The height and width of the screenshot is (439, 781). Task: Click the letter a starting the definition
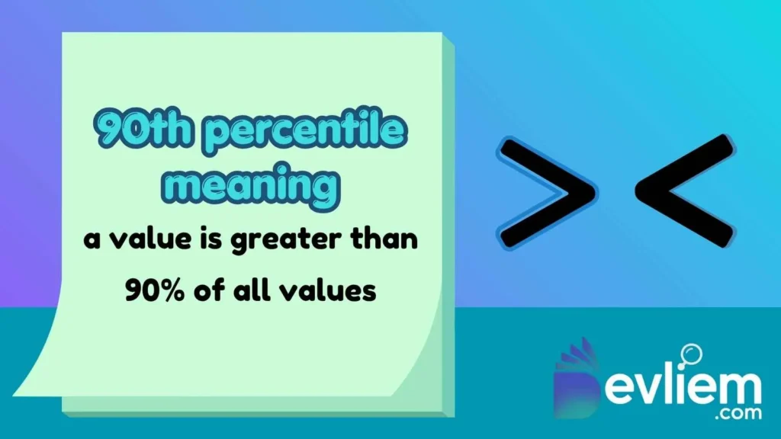pos(92,241)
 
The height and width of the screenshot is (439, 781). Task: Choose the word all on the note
pos(246,290)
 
